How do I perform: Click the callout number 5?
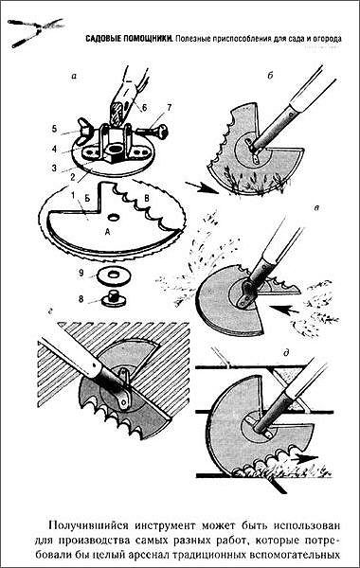[54, 129]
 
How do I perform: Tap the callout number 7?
[170, 107]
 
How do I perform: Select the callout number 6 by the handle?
[144, 108]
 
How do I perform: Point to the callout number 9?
[81, 273]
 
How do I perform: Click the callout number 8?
[81, 298]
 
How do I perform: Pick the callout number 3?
[54, 168]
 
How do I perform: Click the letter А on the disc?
[107, 233]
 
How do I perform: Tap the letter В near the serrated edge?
[147, 198]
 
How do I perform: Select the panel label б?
[270, 76]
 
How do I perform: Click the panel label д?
[286, 352]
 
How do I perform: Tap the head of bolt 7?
[162, 132]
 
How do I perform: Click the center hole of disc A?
[115, 218]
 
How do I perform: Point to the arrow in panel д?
[306, 457]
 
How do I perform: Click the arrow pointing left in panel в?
[285, 310]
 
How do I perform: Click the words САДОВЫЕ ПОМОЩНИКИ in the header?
[129, 39]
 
